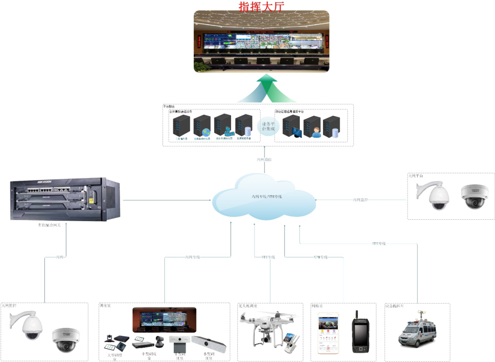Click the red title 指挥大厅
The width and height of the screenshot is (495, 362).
[x=262, y=6]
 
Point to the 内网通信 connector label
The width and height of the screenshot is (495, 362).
[x=264, y=159]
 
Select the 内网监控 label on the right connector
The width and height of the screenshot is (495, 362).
[x=361, y=200]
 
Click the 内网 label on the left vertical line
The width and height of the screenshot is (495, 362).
[x=60, y=257]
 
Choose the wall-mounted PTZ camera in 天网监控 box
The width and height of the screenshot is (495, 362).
[x=28, y=326]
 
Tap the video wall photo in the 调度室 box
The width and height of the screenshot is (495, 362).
[x=164, y=319]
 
